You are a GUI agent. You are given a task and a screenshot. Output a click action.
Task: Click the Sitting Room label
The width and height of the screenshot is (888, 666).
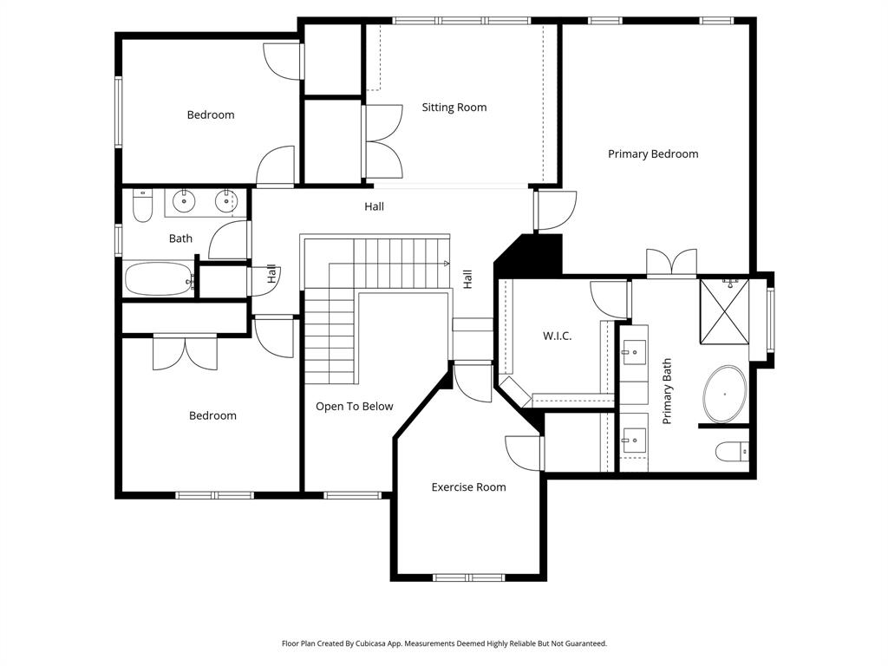click(454, 108)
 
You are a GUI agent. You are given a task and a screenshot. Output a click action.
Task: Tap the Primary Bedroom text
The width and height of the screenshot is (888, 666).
click(652, 153)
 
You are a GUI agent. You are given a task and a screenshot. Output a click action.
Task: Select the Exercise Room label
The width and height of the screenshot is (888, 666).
click(468, 487)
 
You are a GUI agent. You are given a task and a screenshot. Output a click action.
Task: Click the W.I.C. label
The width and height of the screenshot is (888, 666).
click(557, 336)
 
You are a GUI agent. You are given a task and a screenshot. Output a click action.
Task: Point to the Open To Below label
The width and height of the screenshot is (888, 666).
click(354, 406)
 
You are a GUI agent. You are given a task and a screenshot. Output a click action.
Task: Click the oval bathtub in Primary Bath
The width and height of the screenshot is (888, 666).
click(724, 395)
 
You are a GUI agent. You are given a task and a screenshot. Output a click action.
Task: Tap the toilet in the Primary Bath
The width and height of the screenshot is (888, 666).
click(732, 451)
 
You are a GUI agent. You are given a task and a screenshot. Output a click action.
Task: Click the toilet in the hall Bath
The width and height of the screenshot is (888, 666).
click(142, 206)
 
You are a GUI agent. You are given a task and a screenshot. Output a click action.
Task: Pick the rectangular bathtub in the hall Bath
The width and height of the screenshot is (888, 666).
click(159, 279)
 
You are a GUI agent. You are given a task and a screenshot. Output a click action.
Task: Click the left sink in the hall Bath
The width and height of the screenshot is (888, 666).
click(184, 201)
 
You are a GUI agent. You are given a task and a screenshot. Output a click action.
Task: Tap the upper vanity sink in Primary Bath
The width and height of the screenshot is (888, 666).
click(634, 351)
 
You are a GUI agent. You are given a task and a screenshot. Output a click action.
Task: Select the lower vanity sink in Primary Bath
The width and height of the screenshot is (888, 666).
click(634, 440)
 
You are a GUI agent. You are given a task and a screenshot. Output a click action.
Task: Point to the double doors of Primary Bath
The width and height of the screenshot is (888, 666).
click(672, 263)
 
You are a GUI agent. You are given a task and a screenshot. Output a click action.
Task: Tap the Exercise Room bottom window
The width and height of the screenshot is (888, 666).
click(468, 577)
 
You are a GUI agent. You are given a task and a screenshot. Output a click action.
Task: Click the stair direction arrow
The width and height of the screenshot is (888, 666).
click(447, 263)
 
